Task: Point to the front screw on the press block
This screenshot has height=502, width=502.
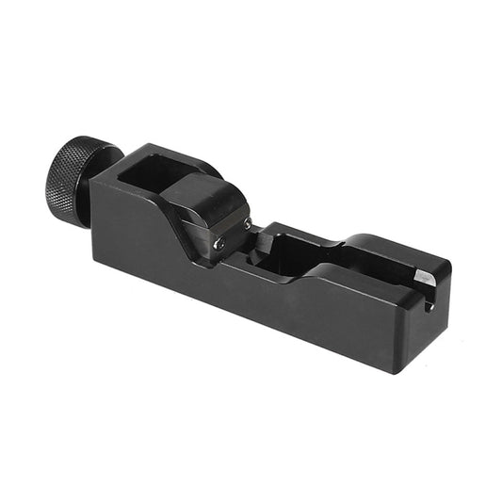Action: [219, 244]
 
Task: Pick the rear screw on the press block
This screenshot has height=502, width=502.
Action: [248, 223]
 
